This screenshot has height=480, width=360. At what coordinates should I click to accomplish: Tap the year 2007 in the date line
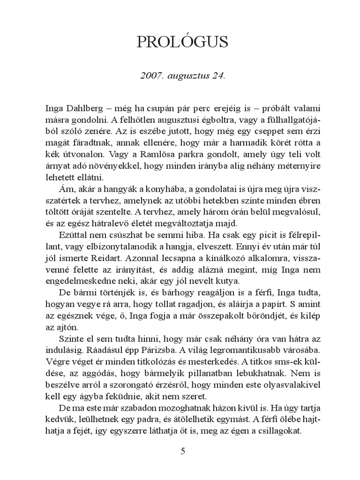[x=151, y=75]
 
